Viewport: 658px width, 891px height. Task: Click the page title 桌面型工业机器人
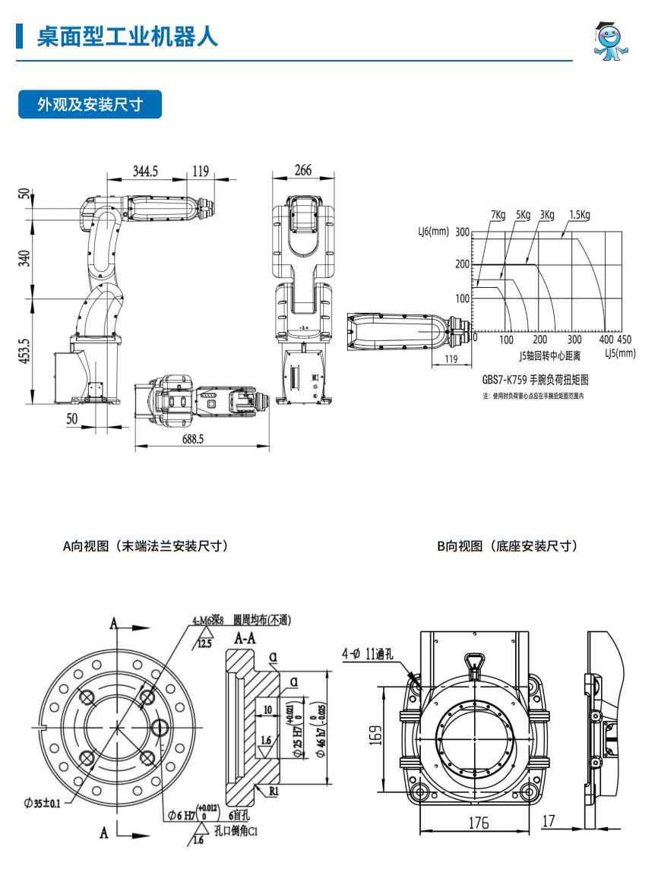click(x=127, y=36)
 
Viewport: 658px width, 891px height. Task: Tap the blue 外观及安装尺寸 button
click(x=90, y=105)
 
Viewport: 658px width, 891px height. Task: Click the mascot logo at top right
click(x=612, y=41)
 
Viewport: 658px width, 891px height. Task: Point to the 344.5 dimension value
click(x=145, y=171)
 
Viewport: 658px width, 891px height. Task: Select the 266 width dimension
click(x=302, y=171)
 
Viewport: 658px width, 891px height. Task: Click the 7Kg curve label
click(x=498, y=215)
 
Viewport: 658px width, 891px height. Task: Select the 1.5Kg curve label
click(x=579, y=215)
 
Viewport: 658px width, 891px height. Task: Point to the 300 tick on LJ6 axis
click(x=462, y=232)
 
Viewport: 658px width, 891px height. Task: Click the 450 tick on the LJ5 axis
click(x=624, y=340)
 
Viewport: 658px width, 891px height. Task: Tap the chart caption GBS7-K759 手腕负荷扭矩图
click(x=536, y=379)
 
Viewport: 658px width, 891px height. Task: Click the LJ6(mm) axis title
click(x=434, y=232)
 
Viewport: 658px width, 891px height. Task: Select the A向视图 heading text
click(x=145, y=545)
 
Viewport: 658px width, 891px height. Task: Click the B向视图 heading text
click(x=507, y=545)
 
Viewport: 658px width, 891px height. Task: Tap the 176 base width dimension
click(x=478, y=822)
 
